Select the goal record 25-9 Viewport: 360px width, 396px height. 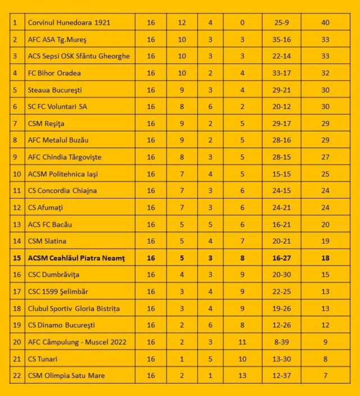[282, 23]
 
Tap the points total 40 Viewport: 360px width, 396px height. [325, 23]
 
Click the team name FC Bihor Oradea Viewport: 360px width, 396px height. [55, 73]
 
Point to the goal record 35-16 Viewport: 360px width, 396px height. [282, 40]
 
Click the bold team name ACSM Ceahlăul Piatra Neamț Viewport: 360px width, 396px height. [76, 258]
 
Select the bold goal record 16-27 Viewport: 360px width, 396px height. [282, 258]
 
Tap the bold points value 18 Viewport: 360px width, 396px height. [325, 258]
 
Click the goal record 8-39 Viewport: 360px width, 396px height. [282, 341]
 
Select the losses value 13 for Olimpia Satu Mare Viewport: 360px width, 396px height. [242, 375]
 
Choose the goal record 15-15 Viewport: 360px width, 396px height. [282, 174]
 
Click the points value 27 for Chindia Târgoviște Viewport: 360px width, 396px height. [325, 157]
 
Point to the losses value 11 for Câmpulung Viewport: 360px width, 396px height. [242, 341]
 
